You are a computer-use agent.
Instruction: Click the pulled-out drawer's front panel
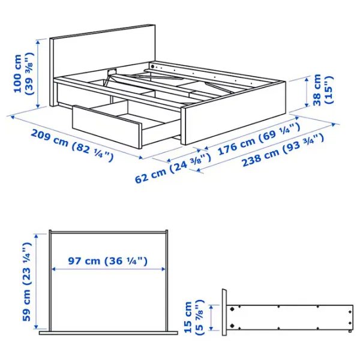107,127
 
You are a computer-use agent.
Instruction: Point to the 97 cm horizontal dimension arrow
109,269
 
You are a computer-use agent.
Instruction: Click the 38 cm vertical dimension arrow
307,92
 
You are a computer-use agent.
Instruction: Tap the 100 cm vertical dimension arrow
38,73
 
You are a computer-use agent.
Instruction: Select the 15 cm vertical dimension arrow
211,318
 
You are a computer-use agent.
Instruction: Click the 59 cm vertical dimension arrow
36,281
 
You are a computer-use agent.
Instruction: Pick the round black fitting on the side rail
152,66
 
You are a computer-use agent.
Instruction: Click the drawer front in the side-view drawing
224,312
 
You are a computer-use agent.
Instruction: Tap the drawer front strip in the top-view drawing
109,332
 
